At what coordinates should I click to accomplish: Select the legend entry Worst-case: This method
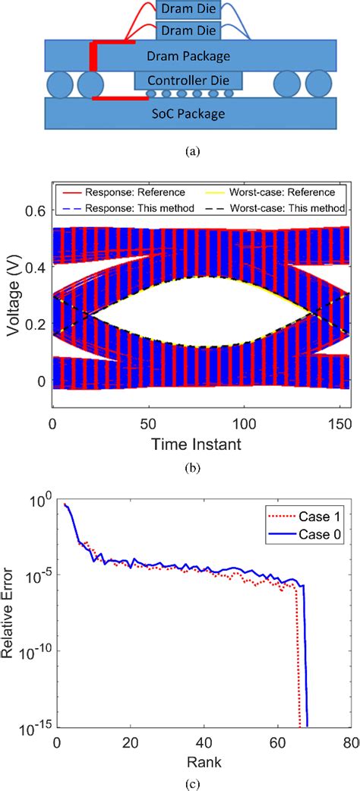[288, 207]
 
